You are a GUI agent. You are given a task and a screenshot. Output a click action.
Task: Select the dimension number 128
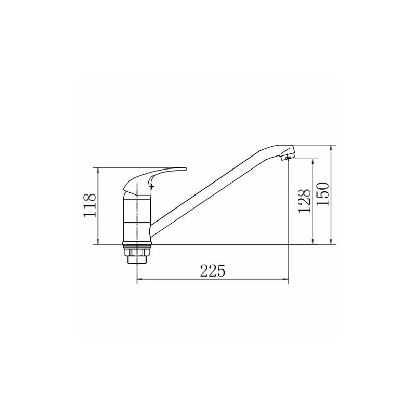pos(304,201)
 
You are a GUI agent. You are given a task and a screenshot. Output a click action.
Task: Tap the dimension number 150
pos(323,194)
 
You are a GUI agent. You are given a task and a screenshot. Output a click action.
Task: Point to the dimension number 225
pos(213,270)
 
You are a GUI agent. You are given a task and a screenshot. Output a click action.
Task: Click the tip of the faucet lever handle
pos(186,168)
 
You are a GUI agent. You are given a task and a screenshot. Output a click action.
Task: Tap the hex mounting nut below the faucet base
pos(137,256)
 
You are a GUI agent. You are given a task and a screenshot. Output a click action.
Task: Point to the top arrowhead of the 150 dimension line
pos(331,147)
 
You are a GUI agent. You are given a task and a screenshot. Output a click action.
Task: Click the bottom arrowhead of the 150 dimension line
pos(331,242)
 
